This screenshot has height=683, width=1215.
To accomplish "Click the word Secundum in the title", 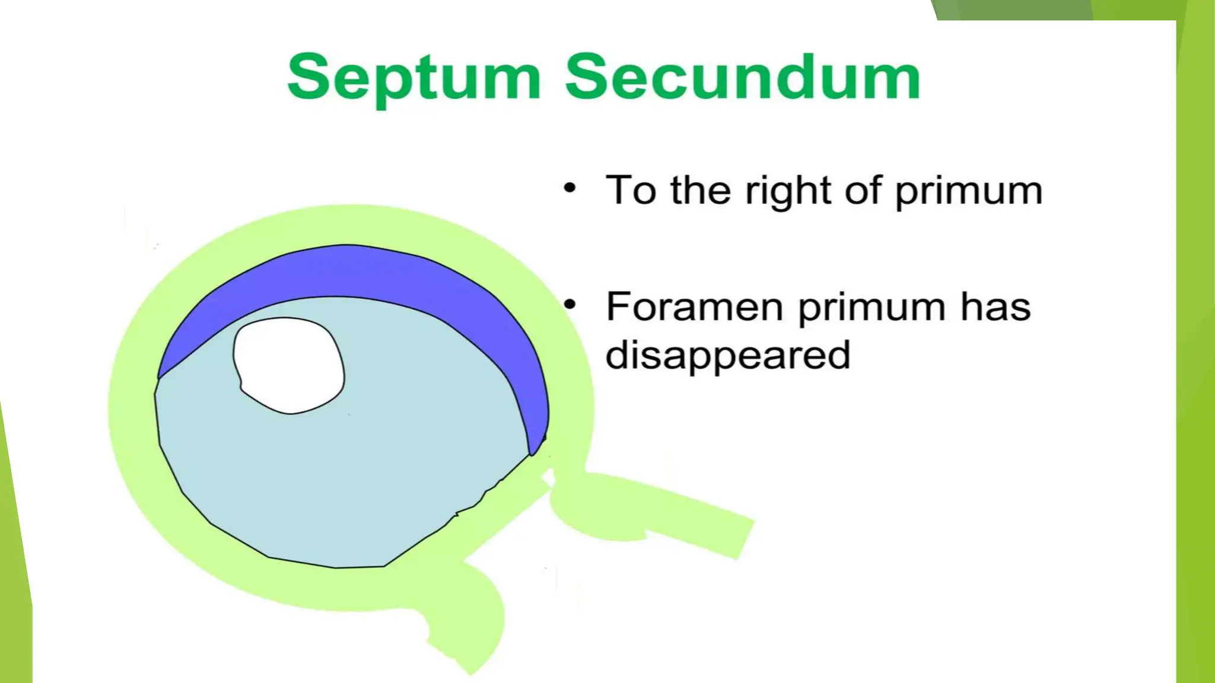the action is (x=743, y=77).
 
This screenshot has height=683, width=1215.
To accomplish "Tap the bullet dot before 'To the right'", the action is (x=570, y=188).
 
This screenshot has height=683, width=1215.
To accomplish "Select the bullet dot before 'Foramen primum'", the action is (x=570, y=305).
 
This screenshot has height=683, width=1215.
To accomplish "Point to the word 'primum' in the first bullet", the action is (x=968, y=191).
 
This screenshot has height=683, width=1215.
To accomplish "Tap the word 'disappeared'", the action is (x=728, y=355).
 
